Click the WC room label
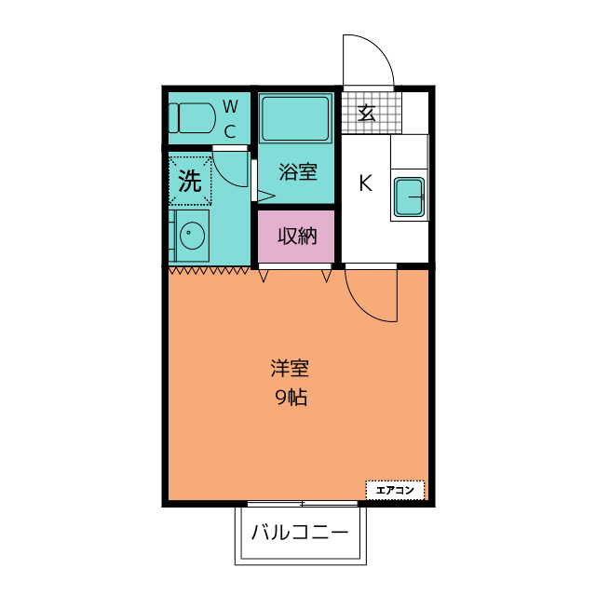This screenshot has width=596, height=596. point(230,119)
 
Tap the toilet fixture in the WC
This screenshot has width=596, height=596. point(192,118)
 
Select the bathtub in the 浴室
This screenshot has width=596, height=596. point(295,118)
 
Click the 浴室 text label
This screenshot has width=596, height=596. point(298,171)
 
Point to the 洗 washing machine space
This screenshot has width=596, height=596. point(190,181)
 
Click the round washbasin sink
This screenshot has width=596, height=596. point(193,235)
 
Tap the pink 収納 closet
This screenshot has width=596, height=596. point(296,236)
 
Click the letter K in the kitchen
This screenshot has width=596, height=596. point(366,183)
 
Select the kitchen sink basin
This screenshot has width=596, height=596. point(409,196)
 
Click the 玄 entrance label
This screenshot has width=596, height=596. point(367,113)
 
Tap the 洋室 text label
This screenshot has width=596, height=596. point(290,368)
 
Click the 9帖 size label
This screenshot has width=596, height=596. point(291,398)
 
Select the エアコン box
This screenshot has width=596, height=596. point(395,490)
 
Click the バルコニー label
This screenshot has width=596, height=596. point(300,532)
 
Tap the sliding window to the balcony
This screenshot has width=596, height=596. point(303,504)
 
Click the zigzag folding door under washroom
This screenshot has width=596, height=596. point(209,271)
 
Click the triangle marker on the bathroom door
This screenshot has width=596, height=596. point(266,196)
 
